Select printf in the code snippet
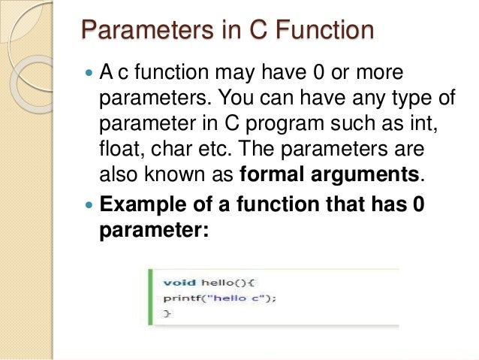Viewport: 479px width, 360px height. click(181, 298)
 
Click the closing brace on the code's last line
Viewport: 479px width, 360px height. click(167, 313)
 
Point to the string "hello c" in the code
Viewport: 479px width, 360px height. click(236, 298)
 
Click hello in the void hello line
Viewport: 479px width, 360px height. click(216, 283)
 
